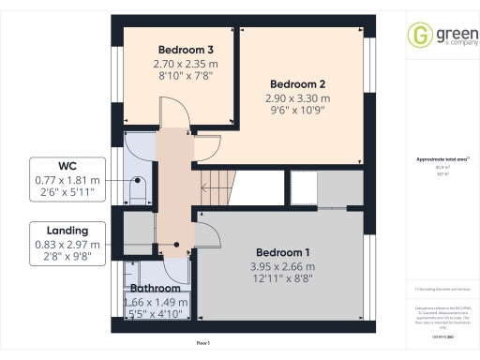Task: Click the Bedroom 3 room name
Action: pyautogui.click(x=178, y=50)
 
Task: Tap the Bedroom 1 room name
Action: pyautogui.click(x=282, y=253)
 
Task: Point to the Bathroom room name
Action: pyautogui.click(x=157, y=289)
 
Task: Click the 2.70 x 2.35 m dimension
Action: pyautogui.click(x=178, y=65)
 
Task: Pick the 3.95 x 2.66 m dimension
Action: pyautogui.click(x=282, y=267)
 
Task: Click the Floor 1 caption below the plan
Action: pyautogui.click(x=202, y=344)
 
